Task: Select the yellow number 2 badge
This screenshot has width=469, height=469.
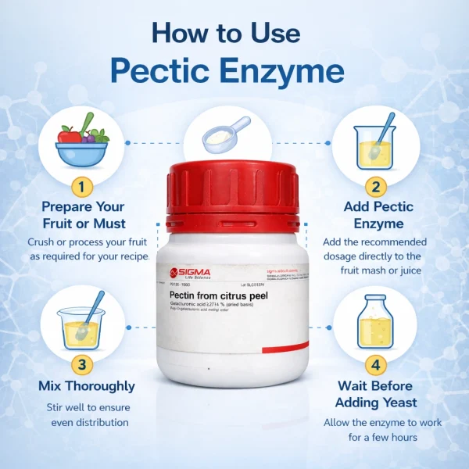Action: [x=376, y=187]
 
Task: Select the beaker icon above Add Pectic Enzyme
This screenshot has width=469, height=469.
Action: [x=374, y=143]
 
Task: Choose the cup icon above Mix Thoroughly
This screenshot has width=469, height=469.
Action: [x=81, y=320]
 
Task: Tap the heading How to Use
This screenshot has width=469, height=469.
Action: [x=226, y=33]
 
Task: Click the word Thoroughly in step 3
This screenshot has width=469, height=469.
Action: [x=100, y=386]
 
